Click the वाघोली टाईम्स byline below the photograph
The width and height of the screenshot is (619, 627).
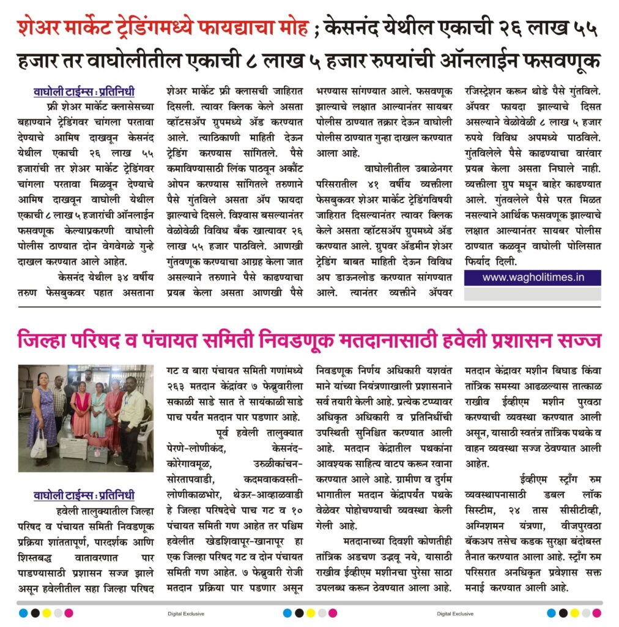[x=84, y=495]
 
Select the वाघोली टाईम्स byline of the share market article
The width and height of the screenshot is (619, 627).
[x=84, y=92]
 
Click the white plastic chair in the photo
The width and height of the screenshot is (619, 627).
[x=146, y=435]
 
